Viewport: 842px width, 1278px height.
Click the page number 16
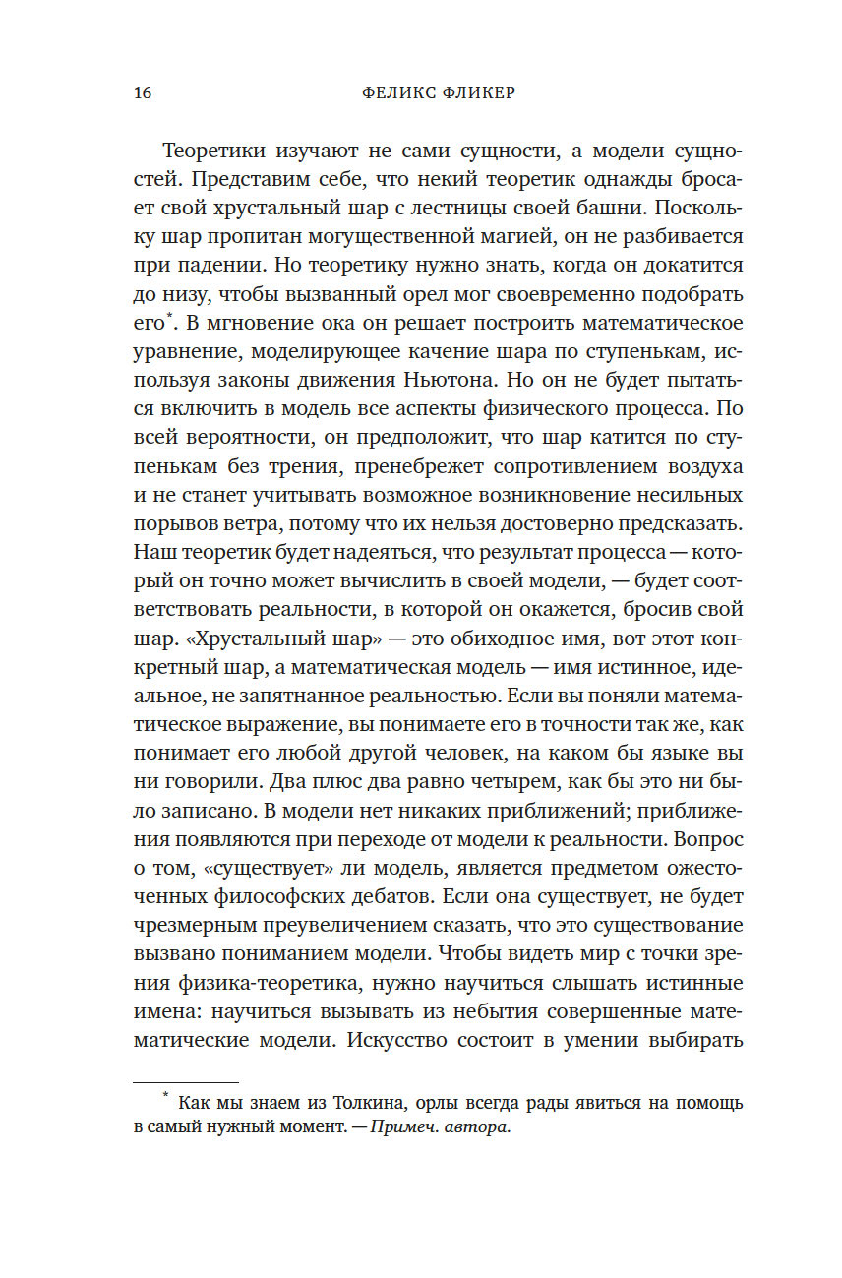click(141, 93)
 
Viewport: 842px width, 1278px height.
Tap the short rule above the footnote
click(186, 1082)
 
